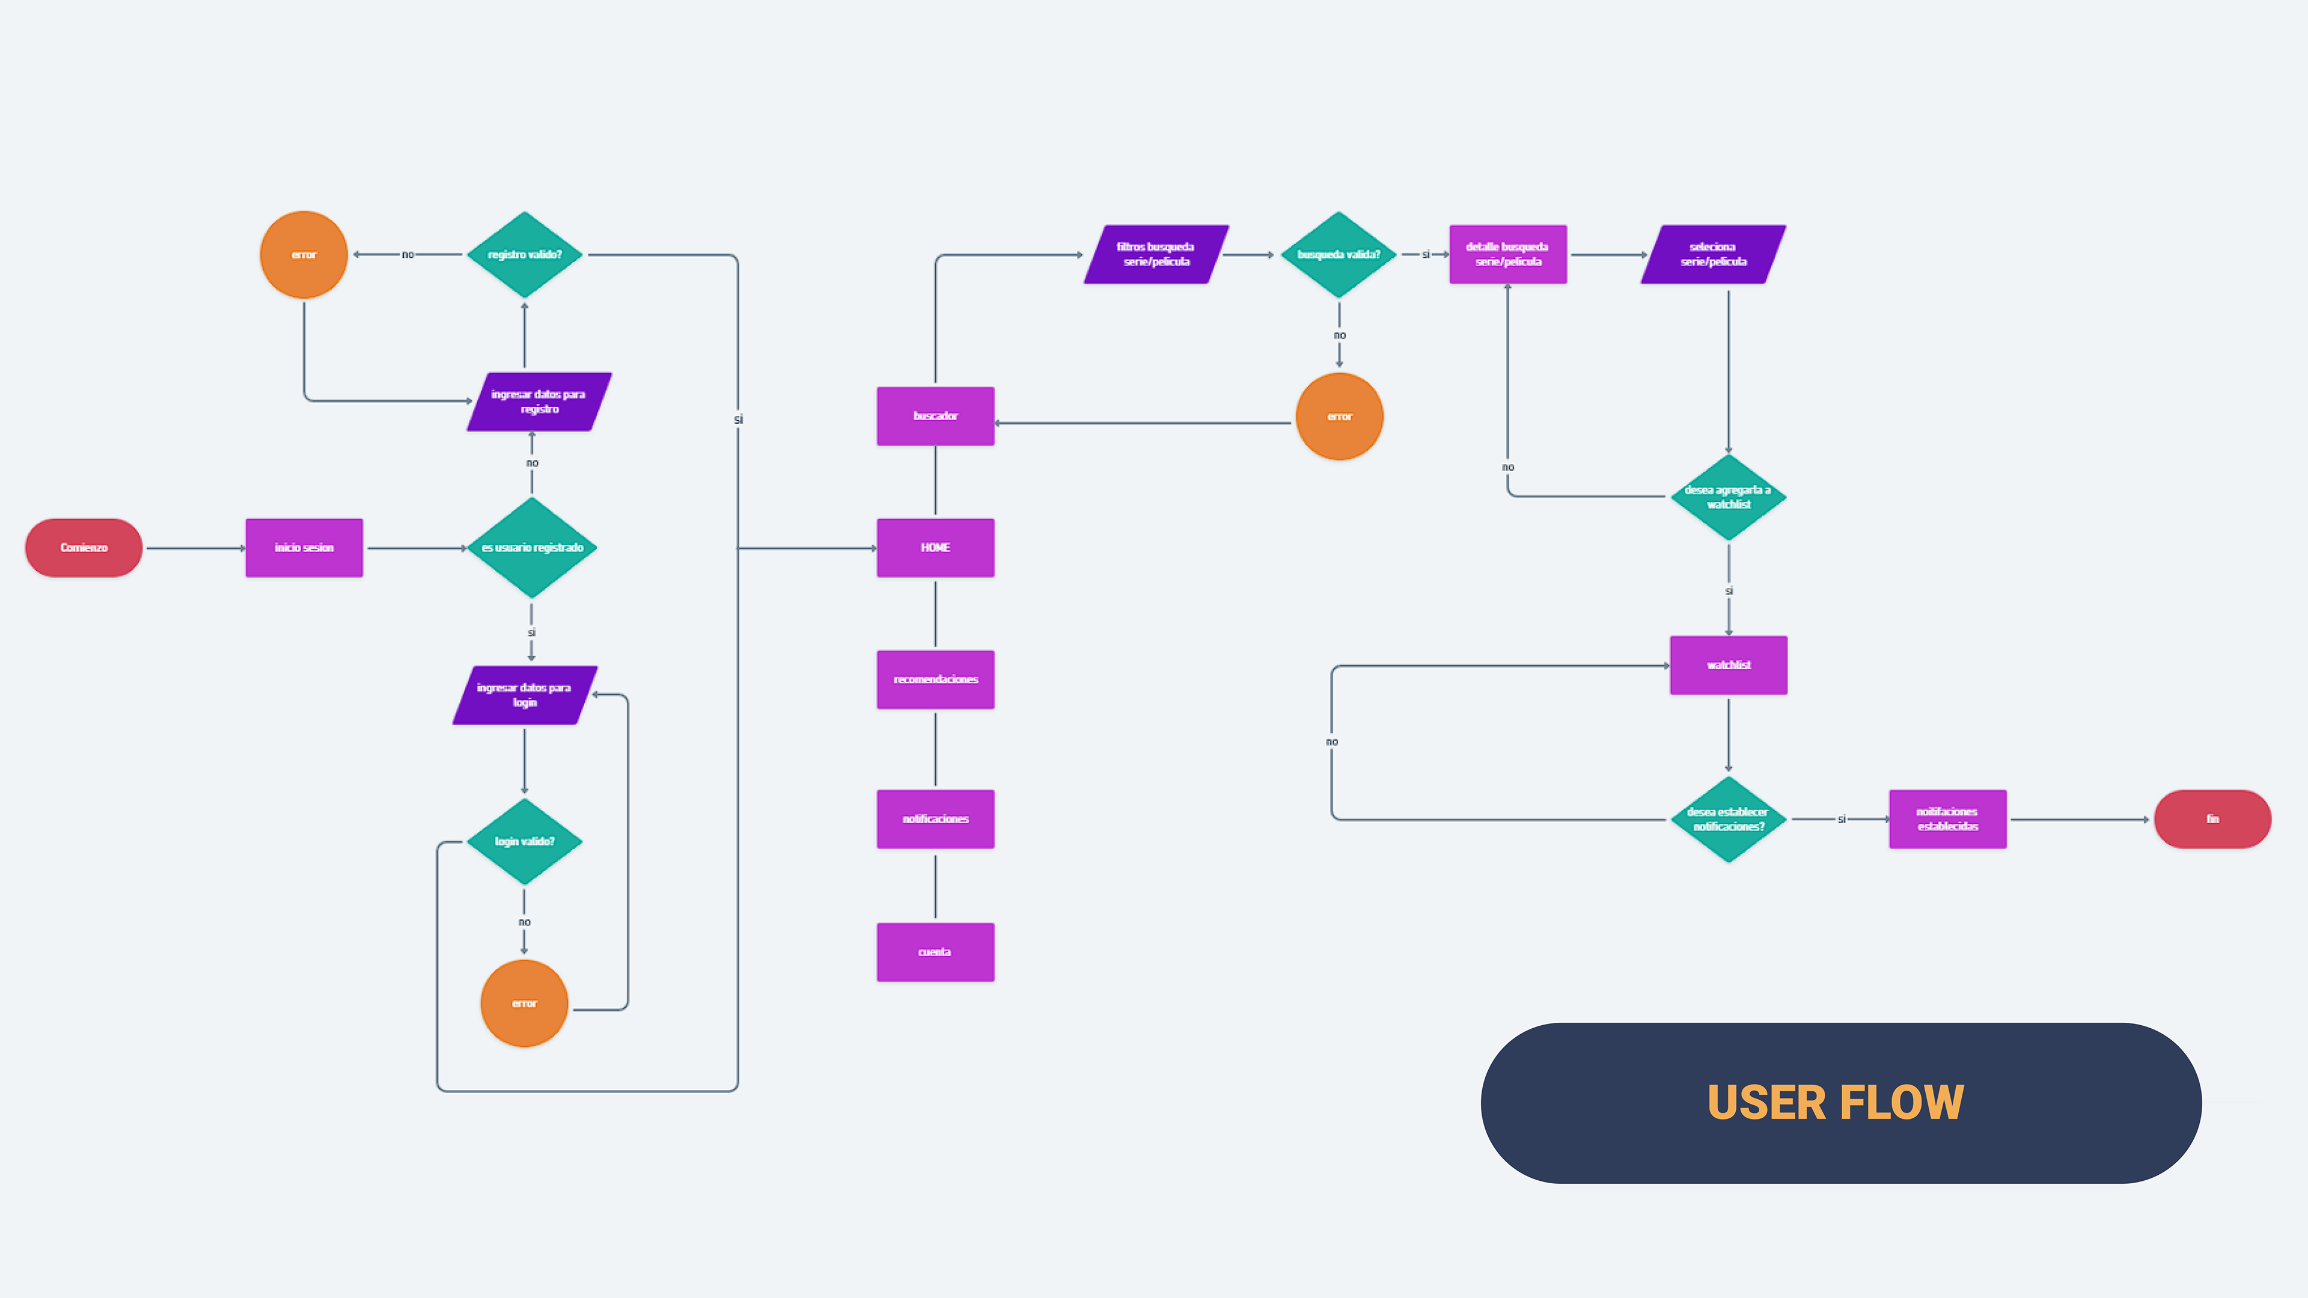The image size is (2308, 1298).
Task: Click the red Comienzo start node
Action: coord(84,547)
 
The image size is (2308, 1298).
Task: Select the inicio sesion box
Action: coord(304,547)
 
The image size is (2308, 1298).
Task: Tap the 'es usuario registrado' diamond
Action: coord(532,547)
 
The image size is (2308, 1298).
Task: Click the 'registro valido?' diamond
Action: coord(525,254)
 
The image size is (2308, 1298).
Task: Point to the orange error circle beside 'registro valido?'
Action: coord(304,254)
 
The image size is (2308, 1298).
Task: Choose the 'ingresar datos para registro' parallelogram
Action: coord(539,401)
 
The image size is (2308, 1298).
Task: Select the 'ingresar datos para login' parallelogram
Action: coord(525,695)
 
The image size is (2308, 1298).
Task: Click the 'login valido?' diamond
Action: coord(525,841)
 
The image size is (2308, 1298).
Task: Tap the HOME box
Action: coord(935,547)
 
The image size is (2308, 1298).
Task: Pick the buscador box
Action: coord(935,416)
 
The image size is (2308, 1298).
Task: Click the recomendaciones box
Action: coord(935,679)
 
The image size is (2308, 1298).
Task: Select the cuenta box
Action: coord(935,951)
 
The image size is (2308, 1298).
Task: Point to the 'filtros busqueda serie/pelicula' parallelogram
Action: coord(1156,254)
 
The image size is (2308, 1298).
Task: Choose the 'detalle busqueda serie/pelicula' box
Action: coord(1508,254)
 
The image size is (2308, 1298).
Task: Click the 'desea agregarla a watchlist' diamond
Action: coord(1729,497)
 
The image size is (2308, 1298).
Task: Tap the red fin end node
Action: coord(2212,818)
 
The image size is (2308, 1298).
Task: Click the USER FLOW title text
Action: coord(1835,1103)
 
